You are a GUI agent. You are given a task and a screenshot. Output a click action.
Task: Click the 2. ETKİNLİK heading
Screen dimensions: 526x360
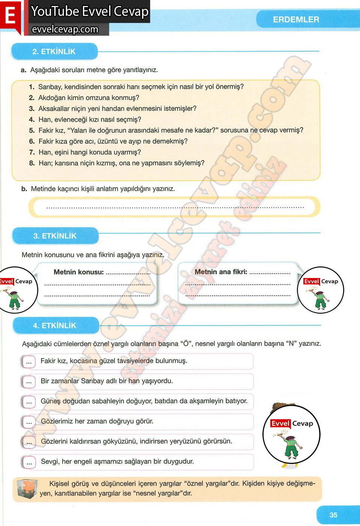[54, 51]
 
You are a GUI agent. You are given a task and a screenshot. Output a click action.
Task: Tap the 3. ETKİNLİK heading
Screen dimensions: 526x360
[55, 236]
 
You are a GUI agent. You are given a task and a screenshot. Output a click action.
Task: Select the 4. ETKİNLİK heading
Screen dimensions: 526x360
[55, 325]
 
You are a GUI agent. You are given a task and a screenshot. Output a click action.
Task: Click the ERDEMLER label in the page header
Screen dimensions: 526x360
[296, 20]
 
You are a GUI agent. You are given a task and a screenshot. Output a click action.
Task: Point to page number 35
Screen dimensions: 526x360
[333, 515]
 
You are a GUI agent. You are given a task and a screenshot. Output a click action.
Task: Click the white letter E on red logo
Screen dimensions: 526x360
[10, 16]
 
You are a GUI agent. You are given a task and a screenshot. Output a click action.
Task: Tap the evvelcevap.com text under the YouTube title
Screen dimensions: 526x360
[65, 29]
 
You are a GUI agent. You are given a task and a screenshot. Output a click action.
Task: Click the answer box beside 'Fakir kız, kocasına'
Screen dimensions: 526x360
[29, 362]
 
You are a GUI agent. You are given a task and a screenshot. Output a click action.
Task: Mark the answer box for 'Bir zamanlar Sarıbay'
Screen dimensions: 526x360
[29, 382]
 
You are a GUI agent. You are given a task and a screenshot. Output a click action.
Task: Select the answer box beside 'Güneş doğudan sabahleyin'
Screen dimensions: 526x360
[29, 402]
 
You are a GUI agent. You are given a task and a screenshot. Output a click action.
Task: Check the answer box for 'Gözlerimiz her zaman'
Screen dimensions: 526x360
[29, 423]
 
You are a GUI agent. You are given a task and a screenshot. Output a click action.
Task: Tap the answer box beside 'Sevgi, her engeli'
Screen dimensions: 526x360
[29, 463]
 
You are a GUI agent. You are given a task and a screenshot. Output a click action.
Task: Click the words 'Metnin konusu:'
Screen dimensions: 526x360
[78, 272]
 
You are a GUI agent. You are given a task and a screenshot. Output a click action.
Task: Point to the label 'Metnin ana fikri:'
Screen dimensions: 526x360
[221, 272]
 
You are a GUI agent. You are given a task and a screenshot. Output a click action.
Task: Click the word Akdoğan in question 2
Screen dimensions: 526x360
[51, 98]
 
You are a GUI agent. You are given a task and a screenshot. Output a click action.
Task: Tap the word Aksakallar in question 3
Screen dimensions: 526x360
[54, 109]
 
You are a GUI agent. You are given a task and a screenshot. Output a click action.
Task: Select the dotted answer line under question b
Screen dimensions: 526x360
[175, 207]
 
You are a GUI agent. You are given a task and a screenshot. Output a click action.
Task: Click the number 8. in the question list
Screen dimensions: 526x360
[32, 163]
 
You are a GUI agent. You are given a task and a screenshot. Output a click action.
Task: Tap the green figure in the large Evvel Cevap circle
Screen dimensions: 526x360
[291, 446]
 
